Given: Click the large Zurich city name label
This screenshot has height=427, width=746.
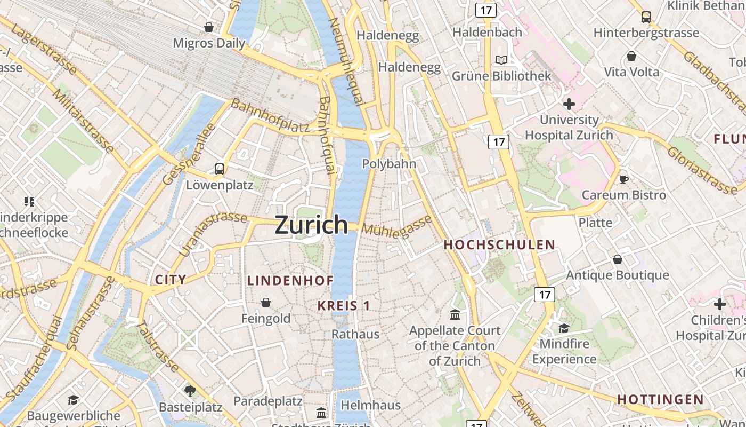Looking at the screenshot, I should [x=311, y=225].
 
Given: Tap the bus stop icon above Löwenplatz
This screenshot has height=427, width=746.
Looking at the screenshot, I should [x=219, y=169].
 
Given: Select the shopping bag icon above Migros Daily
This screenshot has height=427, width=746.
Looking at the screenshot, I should [x=209, y=27].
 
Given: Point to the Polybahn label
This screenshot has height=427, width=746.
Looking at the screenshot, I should [x=389, y=164].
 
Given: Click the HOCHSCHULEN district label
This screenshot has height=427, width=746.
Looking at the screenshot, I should [x=499, y=245].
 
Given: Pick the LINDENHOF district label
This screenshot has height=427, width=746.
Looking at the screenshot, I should [x=290, y=280].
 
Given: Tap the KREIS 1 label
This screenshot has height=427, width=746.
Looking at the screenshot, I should [x=344, y=306].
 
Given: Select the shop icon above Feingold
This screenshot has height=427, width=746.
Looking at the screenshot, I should [x=266, y=303].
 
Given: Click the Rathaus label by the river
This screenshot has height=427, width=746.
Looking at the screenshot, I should [x=355, y=334].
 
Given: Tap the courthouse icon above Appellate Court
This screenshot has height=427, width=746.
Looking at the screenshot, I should [x=455, y=314].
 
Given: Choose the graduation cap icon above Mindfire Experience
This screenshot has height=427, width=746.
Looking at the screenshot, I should [x=564, y=328].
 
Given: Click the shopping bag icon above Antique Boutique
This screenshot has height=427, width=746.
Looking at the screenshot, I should [x=617, y=259].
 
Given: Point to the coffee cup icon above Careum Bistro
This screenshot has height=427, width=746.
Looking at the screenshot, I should [x=624, y=179].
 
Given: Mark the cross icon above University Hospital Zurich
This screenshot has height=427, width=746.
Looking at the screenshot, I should [x=569, y=104].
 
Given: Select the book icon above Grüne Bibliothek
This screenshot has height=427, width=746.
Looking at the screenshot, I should [x=501, y=60].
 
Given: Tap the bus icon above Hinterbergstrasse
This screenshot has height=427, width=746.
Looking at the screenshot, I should [x=646, y=17].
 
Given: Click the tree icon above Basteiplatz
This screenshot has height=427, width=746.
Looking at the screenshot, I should [x=190, y=391].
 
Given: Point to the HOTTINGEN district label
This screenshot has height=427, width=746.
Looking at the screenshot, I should [x=660, y=399].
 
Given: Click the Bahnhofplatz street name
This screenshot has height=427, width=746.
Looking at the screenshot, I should [x=270, y=116].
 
